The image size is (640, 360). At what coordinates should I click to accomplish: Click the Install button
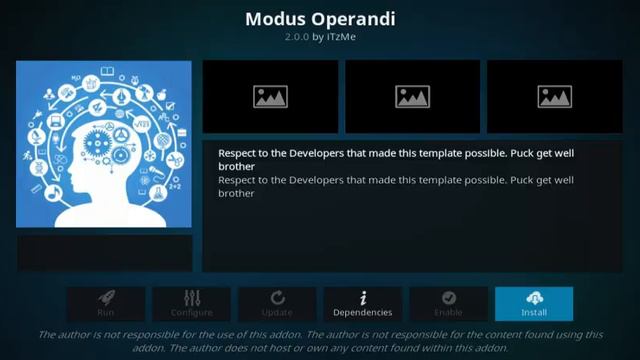pyautogui.click(x=534, y=304)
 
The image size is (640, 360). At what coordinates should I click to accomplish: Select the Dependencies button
pyautogui.click(x=363, y=304)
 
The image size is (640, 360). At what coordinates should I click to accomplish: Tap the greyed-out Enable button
pyautogui.click(x=448, y=304)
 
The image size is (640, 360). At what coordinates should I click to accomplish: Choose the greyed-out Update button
pyautogui.click(x=277, y=304)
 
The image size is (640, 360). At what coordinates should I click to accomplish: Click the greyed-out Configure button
pyautogui.click(x=192, y=304)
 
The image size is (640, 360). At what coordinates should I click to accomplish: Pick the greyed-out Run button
pyautogui.click(x=106, y=304)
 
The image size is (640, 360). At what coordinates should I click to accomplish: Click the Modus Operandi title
pyautogui.click(x=319, y=18)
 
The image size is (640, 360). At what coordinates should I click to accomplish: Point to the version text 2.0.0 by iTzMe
pyautogui.click(x=319, y=37)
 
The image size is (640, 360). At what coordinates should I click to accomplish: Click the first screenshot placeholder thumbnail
pyautogui.click(x=270, y=96)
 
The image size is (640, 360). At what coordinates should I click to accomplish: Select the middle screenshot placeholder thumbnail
pyautogui.click(x=412, y=96)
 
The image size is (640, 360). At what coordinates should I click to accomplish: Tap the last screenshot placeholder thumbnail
pyautogui.click(x=554, y=96)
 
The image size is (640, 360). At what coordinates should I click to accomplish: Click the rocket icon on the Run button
pyautogui.click(x=106, y=297)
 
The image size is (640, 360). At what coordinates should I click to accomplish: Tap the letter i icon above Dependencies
pyautogui.click(x=363, y=297)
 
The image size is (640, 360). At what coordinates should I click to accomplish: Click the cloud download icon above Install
pyautogui.click(x=534, y=297)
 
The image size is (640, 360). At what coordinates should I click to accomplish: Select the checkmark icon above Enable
pyautogui.click(x=448, y=297)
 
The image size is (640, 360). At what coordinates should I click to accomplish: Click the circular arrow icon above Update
pyautogui.click(x=277, y=297)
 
